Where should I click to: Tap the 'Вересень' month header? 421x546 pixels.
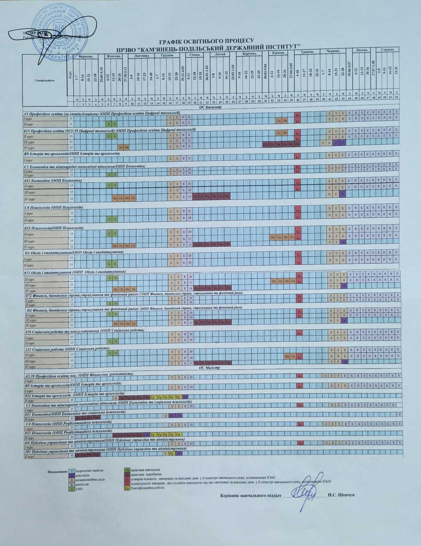(x=86, y=56)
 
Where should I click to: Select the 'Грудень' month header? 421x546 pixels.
(x=167, y=55)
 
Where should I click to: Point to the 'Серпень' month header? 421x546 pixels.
(x=388, y=49)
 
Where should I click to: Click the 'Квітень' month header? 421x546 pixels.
(x=278, y=53)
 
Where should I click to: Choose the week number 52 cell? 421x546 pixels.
(x=396, y=97)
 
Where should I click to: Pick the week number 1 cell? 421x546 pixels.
(x=77, y=104)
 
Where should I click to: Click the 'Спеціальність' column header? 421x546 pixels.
(x=45, y=81)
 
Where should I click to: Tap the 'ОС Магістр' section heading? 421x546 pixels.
(x=209, y=368)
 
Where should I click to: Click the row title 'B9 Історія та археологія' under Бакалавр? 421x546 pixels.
(x=72, y=154)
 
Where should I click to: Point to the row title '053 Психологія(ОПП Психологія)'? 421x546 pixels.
(x=54, y=228)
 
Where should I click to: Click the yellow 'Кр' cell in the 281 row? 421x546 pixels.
(x=172, y=454)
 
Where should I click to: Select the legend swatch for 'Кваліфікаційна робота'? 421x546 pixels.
(x=127, y=488)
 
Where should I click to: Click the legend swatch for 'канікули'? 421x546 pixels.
(x=72, y=484)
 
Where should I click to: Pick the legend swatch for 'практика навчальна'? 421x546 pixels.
(x=127, y=470)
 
